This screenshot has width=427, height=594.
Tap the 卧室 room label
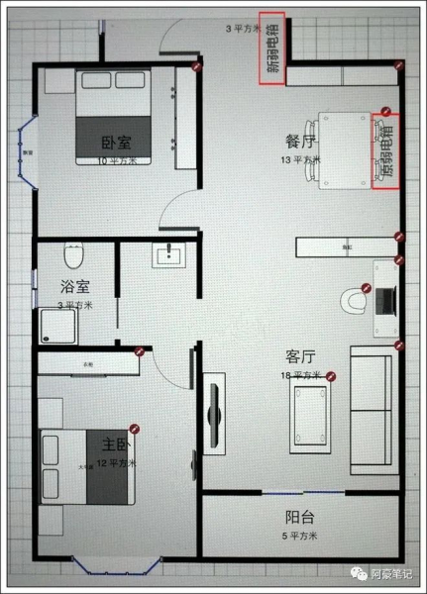(x=117, y=144)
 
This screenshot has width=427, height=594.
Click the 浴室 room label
(x=74, y=288)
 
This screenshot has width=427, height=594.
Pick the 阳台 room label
(x=300, y=517)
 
